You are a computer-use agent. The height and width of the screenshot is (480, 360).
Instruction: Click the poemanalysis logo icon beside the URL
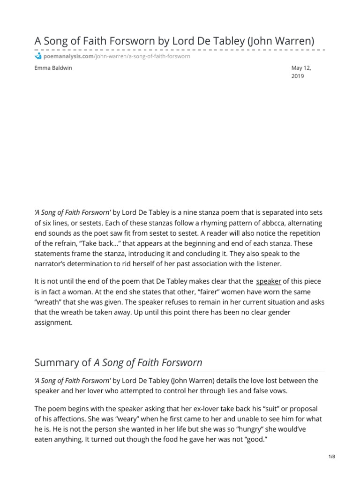(38, 57)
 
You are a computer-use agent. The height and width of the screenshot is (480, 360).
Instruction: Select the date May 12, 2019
(301, 72)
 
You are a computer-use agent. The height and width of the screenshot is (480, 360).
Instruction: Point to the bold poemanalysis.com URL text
(68, 57)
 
